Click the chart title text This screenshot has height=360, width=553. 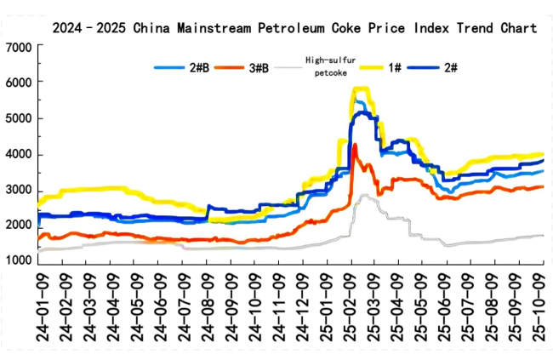point(294,28)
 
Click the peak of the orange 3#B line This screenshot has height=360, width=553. point(354,146)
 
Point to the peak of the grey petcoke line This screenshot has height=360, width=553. point(364,195)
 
